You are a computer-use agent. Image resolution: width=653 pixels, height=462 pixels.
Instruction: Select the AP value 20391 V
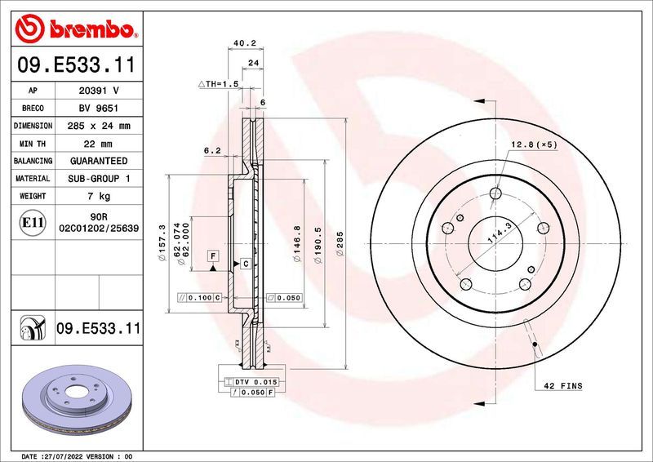point(99,91)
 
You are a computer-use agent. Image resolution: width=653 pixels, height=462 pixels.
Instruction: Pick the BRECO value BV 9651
point(99,109)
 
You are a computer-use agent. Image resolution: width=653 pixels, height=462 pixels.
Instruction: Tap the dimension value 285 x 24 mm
point(99,127)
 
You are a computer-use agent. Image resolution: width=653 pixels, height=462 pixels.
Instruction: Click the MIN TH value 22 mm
point(99,144)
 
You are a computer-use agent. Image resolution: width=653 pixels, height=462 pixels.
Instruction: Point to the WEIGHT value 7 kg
point(99,197)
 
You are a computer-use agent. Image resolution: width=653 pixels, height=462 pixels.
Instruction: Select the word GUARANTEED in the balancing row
point(99,162)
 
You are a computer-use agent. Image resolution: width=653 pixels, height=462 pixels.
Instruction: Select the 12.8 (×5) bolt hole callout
point(534,144)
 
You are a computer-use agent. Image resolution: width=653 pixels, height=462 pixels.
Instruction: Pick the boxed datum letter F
point(212,255)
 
